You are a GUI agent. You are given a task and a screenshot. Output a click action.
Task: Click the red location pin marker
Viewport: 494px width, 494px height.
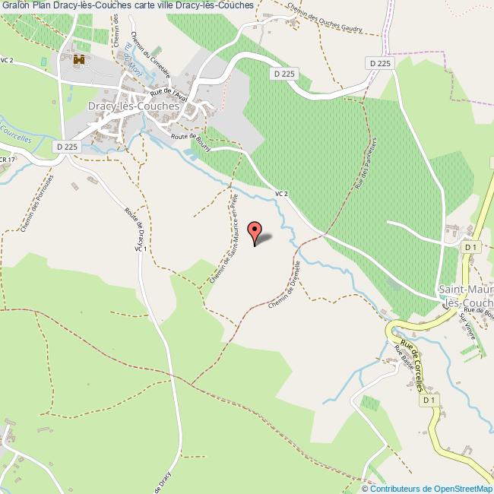[x=256, y=233]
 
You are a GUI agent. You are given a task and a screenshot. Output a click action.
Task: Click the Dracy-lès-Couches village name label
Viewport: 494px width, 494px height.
[x=134, y=107]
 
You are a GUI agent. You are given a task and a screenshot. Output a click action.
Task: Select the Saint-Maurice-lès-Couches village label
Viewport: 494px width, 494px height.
[x=466, y=296]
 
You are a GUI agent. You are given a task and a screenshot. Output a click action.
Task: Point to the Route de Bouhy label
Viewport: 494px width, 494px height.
[x=191, y=142]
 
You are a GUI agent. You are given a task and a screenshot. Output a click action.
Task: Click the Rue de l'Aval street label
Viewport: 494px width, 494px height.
[x=169, y=92]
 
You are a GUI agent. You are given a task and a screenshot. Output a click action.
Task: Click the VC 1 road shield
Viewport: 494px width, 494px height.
[x=140, y=248]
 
